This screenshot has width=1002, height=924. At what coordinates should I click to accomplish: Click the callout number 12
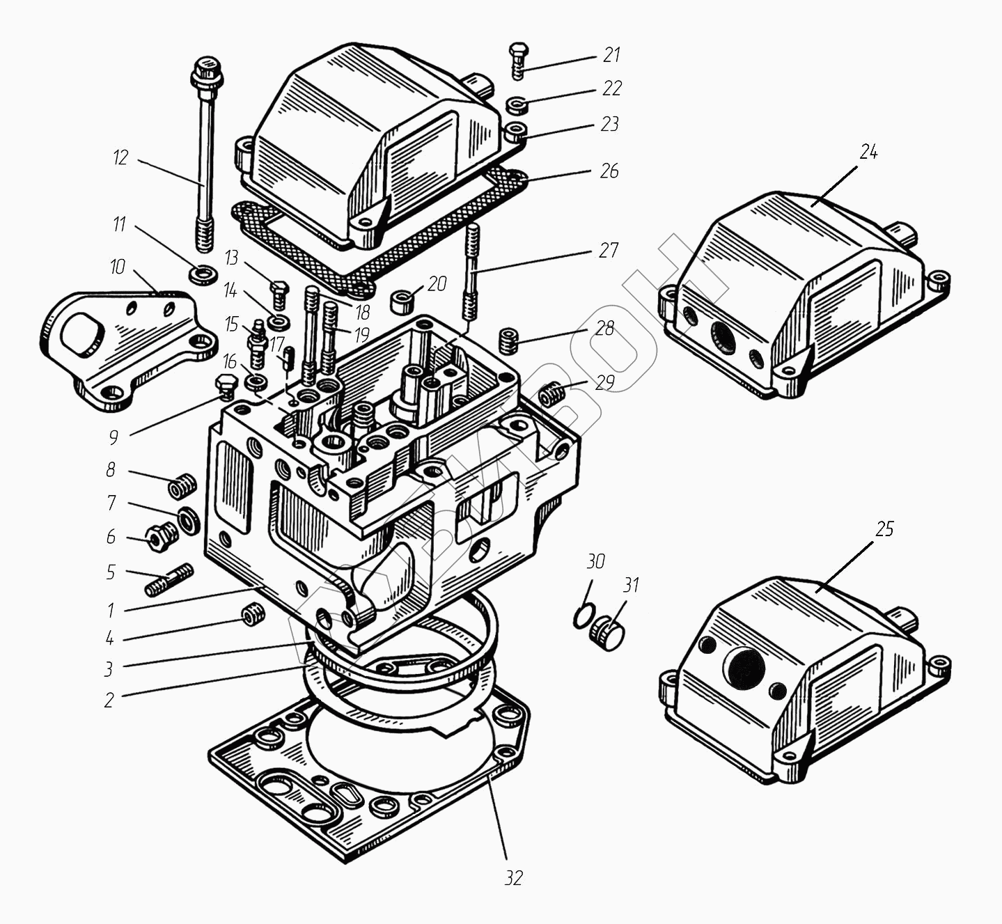click(x=121, y=158)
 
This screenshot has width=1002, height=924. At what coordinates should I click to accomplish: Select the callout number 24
click(x=868, y=152)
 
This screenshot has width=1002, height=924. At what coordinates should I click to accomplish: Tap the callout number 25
click(x=884, y=529)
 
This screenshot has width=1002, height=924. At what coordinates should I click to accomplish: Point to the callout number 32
click(x=513, y=878)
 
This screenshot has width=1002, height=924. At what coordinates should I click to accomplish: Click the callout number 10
click(x=118, y=267)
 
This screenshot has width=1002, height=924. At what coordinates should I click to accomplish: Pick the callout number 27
click(x=609, y=250)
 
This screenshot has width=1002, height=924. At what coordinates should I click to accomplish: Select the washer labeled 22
click(x=516, y=105)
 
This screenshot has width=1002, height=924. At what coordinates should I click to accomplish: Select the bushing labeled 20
click(x=402, y=301)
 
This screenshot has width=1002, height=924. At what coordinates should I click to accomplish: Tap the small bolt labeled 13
click(x=279, y=293)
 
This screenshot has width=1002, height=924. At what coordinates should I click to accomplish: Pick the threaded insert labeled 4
click(x=252, y=616)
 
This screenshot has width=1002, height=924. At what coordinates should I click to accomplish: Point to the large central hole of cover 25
click(x=744, y=667)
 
